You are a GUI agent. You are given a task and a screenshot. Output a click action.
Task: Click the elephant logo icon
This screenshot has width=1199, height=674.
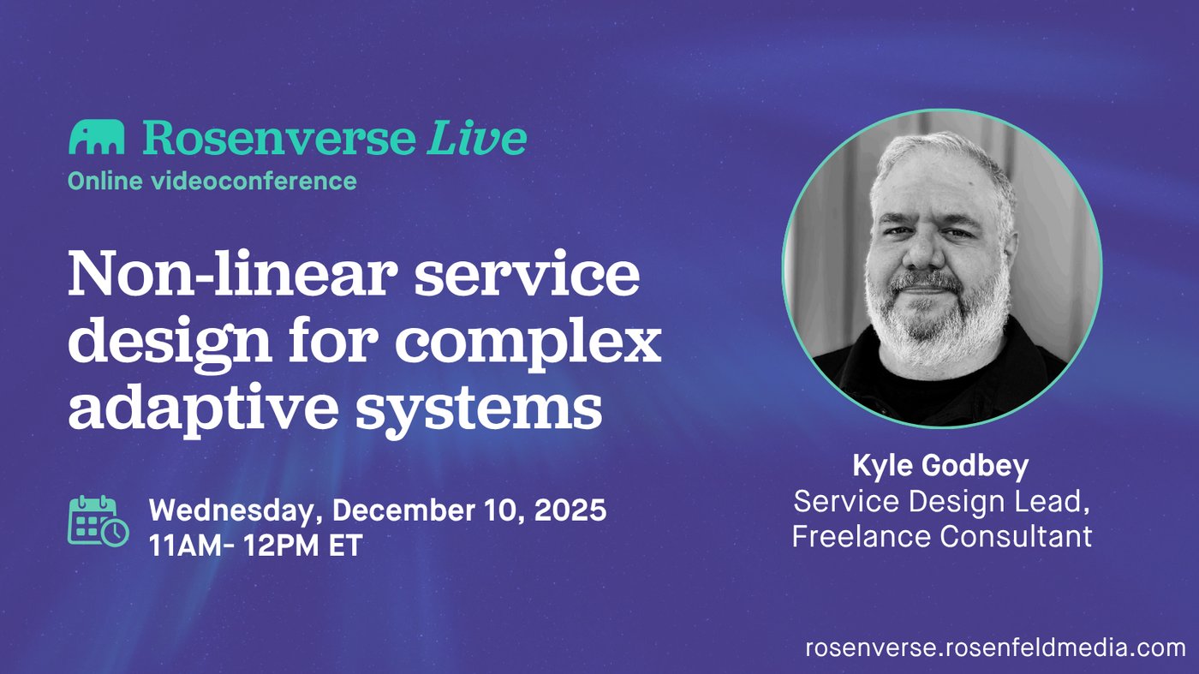point(96,137)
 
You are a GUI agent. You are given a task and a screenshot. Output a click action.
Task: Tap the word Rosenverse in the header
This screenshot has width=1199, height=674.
point(279,138)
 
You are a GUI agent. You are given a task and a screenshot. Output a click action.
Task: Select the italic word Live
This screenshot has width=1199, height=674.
point(477,137)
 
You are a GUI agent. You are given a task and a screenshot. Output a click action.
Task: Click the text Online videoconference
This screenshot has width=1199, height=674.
point(212,181)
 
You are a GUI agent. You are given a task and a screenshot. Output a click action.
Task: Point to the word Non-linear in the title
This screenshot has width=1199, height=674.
point(233,273)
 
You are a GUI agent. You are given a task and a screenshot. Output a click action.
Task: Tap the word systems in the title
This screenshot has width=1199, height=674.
point(479,411)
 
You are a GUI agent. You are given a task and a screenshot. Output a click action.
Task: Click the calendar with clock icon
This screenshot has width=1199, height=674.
point(98,521)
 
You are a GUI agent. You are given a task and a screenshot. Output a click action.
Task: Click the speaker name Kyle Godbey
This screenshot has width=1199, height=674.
point(940,466)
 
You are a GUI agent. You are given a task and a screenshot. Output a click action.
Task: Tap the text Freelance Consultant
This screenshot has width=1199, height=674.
point(942,536)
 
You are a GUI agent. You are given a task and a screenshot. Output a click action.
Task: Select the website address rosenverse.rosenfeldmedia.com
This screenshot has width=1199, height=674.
point(995,647)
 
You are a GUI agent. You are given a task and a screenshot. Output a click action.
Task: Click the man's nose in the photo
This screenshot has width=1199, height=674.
point(922,253)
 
